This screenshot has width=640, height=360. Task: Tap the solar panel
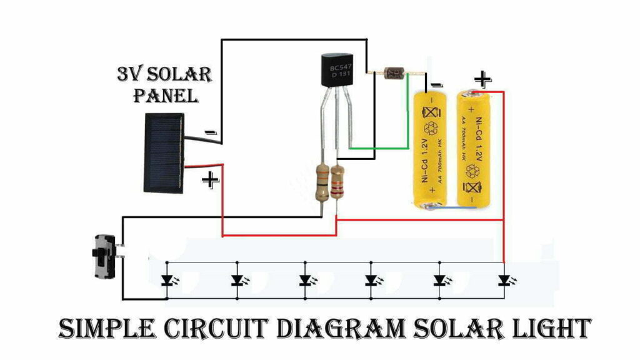[164, 152]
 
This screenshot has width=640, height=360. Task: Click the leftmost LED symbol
[167, 280]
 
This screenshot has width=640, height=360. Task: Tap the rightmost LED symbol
[504, 280]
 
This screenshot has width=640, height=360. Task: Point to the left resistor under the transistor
[322, 182]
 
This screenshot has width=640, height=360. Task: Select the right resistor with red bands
[338, 182]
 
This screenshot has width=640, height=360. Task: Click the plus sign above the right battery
[481, 79]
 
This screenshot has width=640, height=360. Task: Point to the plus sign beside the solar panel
[211, 181]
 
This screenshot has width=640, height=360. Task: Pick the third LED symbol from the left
[305, 280]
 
